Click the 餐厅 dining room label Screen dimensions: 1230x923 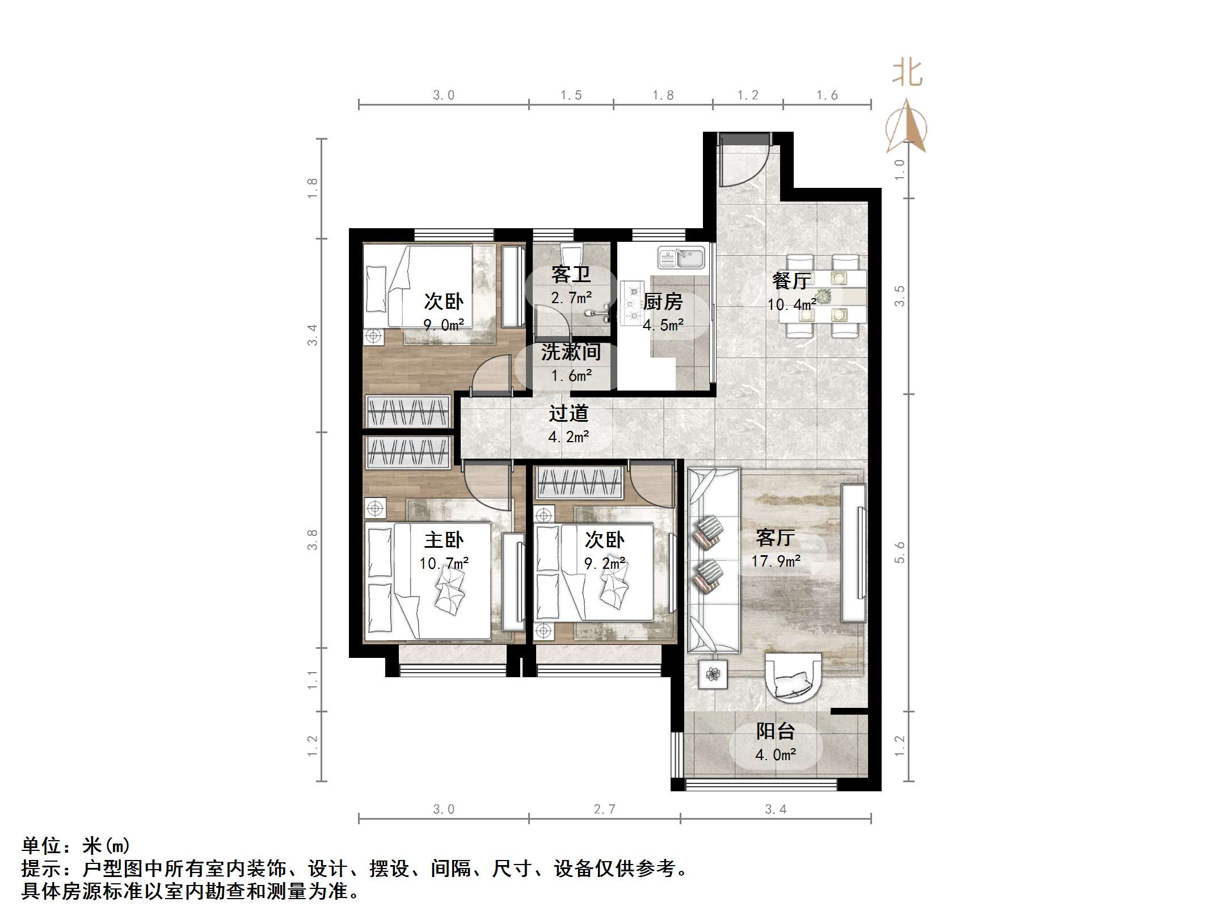coord(791,280)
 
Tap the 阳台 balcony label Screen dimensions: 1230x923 coord(776,731)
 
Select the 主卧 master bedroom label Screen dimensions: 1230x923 coord(444,539)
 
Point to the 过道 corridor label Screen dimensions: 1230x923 coord(568,413)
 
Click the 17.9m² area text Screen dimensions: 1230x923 coord(776,561)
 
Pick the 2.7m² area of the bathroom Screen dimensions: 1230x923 coord(571,297)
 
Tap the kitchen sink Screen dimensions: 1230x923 coord(681,258)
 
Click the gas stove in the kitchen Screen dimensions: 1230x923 coord(631,304)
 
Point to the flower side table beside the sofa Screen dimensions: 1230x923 coord(713,674)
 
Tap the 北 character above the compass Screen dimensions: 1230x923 coord(907,74)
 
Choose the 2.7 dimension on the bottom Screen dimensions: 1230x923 coord(604,809)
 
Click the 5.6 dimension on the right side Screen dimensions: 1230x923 coord(899,552)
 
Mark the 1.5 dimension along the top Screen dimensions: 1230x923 coord(571,95)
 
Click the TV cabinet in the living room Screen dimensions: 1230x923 coord(853,553)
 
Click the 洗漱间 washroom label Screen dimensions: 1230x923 coord(571,352)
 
